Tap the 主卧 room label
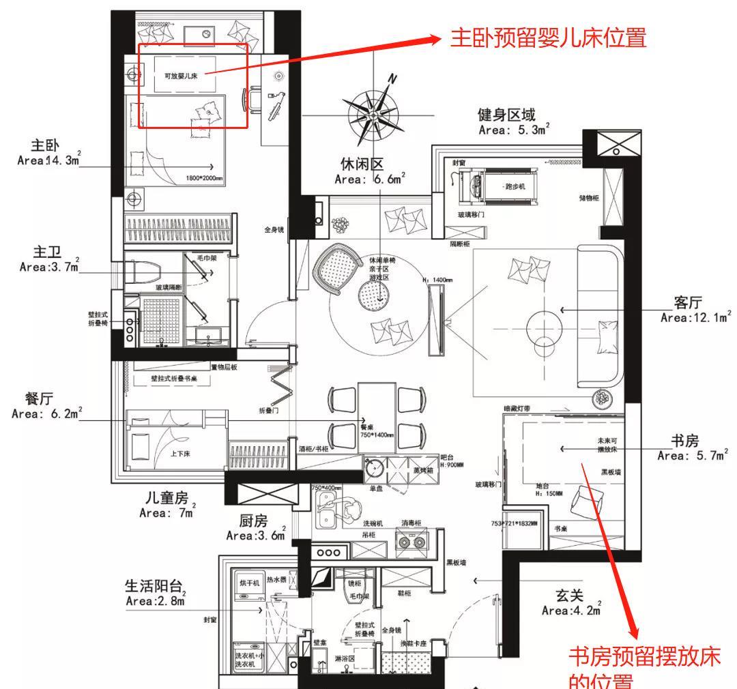click(46, 146)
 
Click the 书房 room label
click(684, 441)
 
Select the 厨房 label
click(252, 522)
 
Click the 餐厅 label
click(40, 398)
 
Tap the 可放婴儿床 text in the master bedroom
click(181, 76)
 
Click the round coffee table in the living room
click(545, 322)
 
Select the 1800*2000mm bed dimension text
click(204, 178)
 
